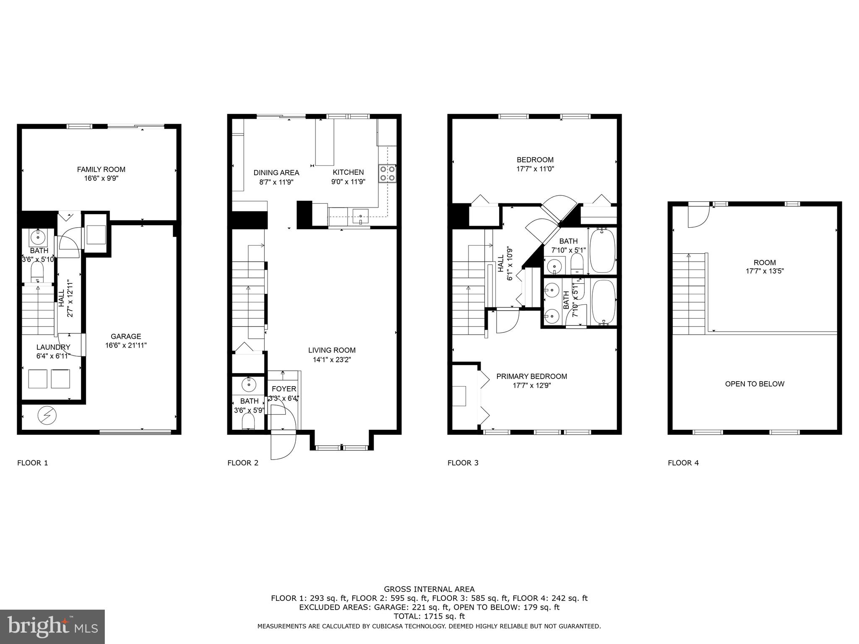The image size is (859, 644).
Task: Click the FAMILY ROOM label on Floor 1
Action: pos(101,169)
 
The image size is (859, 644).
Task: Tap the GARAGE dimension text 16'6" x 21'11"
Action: pos(126,345)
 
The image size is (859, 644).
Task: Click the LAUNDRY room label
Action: pos(53,347)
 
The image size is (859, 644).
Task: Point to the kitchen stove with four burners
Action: pos(387,174)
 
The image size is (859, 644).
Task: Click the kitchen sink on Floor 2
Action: pos(360,217)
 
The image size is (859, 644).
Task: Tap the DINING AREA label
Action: pos(276,173)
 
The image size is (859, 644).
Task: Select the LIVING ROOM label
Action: pos(332,350)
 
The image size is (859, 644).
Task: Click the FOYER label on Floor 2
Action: pos(284,389)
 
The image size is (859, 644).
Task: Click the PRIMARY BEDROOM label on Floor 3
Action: pos(531,377)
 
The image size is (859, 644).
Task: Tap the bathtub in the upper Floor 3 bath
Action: pos(602,250)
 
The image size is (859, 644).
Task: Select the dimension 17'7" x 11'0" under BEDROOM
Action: pos(535,169)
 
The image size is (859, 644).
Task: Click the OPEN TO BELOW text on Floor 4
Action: pos(755,384)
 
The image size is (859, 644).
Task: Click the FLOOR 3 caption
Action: pos(463,463)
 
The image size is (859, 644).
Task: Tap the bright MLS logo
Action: pos(52,626)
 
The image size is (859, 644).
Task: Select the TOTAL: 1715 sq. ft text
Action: pos(429,616)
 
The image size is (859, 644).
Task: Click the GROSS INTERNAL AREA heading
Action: pos(429,589)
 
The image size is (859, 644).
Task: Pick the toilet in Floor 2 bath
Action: pos(249,422)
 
